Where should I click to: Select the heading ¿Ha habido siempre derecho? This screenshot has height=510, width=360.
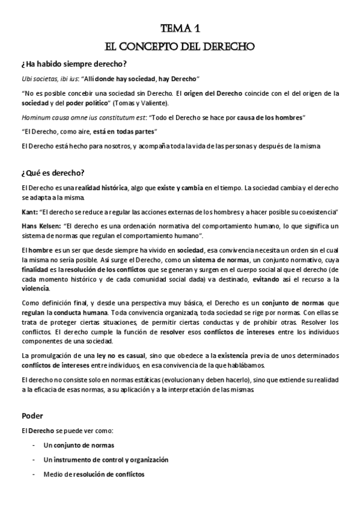(x=73, y=64)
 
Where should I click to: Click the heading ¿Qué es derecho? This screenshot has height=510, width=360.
(x=52, y=173)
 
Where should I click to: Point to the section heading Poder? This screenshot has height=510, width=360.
(x=31, y=415)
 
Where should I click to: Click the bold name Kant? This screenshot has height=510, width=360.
(x=28, y=212)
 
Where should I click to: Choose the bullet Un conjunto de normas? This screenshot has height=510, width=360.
(x=79, y=445)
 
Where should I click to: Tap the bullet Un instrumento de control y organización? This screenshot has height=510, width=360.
(x=106, y=459)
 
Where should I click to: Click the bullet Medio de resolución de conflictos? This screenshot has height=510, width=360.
(x=94, y=474)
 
